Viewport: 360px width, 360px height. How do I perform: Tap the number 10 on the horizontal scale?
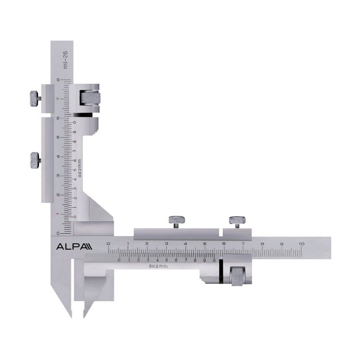[x=301, y=244]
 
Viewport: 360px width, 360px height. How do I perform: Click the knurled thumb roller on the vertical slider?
[x=90, y=98]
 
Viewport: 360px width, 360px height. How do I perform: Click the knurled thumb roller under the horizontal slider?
[x=238, y=276]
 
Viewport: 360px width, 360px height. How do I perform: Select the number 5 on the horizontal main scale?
[x=205, y=244]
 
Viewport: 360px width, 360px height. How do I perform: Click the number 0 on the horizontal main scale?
[x=109, y=244]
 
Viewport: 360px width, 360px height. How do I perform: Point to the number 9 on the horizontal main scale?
[x=282, y=244]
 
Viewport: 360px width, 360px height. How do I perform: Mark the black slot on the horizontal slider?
[x=220, y=269]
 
